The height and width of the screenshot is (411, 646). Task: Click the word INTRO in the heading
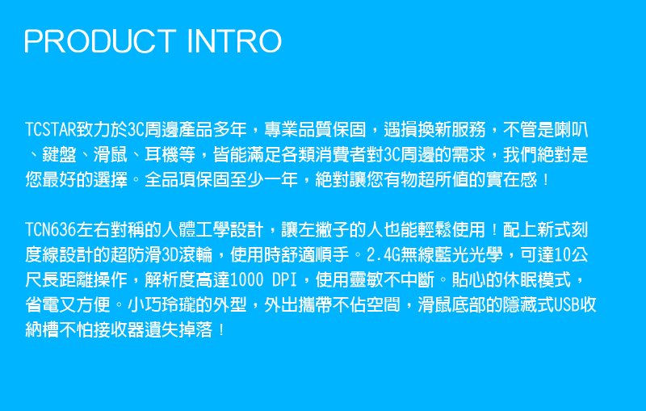[x=234, y=41]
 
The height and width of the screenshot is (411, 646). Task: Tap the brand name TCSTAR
[x=51, y=130]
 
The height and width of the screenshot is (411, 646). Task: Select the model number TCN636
[x=51, y=230]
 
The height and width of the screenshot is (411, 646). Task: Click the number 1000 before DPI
[x=246, y=280]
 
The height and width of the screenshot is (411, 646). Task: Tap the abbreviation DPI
[x=285, y=280]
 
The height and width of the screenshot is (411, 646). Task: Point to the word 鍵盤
[x=59, y=155]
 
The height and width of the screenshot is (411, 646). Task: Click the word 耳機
[x=161, y=155]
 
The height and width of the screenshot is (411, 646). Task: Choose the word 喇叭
[x=571, y=130]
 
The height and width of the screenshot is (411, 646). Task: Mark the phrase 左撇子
[x=324, y=230]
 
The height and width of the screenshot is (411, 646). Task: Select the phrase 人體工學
[x=195, y=230]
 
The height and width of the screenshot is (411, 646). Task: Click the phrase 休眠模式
[x=537, y=280]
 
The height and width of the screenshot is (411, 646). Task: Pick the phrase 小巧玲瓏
[x=161, y=305]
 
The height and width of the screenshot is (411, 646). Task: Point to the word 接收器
[x=119, y=330]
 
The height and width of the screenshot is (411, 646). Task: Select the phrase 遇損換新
[x=417, y=130]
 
